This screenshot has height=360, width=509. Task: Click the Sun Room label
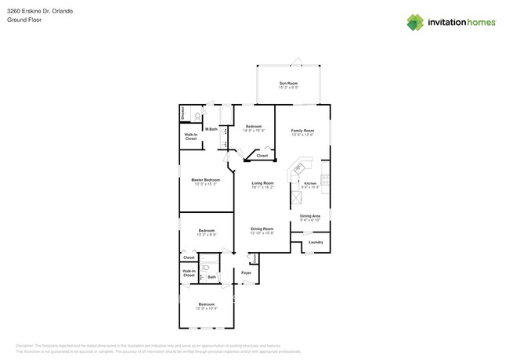tap(288, 83)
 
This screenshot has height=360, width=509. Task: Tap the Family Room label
tap(302, 131)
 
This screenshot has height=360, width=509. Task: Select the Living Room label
tap(262, 183)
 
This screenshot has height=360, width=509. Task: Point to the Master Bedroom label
tap(206, 180)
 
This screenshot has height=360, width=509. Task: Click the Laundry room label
tap(316, 242)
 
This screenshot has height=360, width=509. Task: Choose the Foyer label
tap(246, 272)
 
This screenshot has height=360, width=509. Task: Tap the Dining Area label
tap(310, 216)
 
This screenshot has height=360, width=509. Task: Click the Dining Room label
tap(262, 229)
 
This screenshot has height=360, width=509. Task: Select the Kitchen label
tap(310, 183)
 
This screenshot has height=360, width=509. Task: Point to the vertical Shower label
tap(183, 114)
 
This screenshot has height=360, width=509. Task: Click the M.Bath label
tap(211, 129)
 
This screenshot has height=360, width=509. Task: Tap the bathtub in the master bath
tap(226, 115)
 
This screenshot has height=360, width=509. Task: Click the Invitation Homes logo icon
tap(415, 23)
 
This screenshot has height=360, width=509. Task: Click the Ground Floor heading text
tap(23, 20)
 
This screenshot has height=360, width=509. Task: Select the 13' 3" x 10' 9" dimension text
tap(206, 308)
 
